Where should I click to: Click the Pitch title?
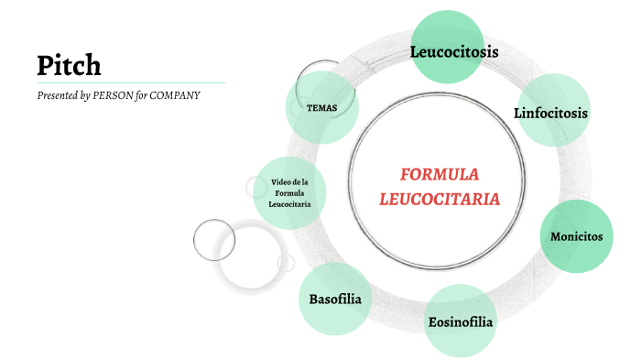[69, 65]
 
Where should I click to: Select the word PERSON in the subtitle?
[114, 95]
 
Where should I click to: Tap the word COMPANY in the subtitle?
[176, 95]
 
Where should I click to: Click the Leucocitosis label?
[454, 52]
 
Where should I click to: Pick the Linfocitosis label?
[550, 114]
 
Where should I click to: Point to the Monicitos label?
[576, 236]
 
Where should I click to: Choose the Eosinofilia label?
[461, 322]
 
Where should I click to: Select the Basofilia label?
[335, 300]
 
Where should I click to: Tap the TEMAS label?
[321, 108]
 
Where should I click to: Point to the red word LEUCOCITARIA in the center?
[440, 198]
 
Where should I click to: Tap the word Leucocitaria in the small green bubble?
[289, 204]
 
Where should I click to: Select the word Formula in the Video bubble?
[289, 193]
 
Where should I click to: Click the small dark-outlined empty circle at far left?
[215, 240]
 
